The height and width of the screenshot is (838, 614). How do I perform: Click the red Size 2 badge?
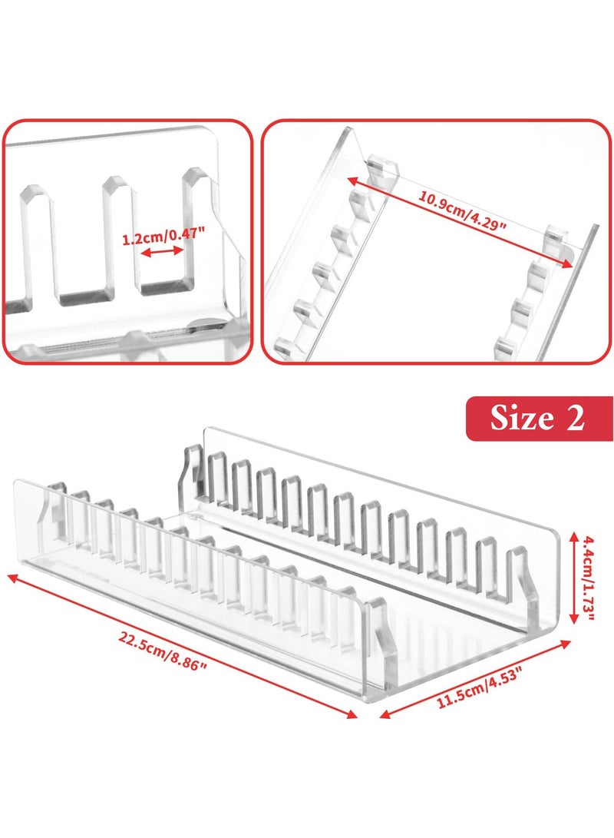[x=539, y=419]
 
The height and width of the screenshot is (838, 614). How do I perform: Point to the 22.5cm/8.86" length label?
[x=163, y=651]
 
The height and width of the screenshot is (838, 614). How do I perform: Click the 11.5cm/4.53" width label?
[x=480, y=677]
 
